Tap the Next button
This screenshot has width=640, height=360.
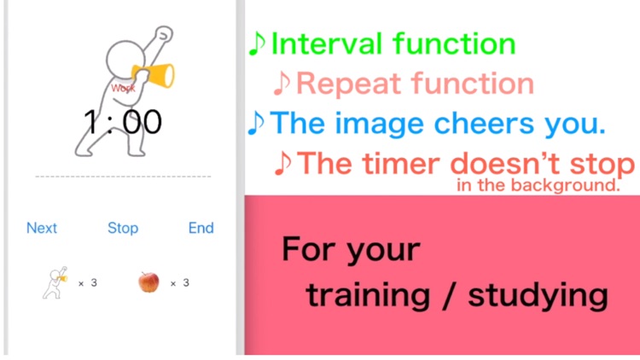tap(42, 228)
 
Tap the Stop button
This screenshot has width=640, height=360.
tap(123, 228)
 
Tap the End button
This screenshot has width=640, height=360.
tap(201, 228)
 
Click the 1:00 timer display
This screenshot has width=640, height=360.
tap(123, 122)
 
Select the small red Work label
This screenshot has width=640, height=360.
tap(123, 88)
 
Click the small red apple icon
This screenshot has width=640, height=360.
tap(148, 282)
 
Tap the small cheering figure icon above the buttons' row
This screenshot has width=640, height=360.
tap(55, 282)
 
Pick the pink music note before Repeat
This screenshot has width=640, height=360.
tap(282, 84)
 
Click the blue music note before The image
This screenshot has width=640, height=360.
tap(256, 124)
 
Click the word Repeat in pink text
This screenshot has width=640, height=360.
tap(350, 84)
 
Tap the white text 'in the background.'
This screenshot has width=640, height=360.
tap(537, 184)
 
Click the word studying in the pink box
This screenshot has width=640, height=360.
tap(538, 295)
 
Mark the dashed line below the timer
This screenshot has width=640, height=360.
tap(123, 177)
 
